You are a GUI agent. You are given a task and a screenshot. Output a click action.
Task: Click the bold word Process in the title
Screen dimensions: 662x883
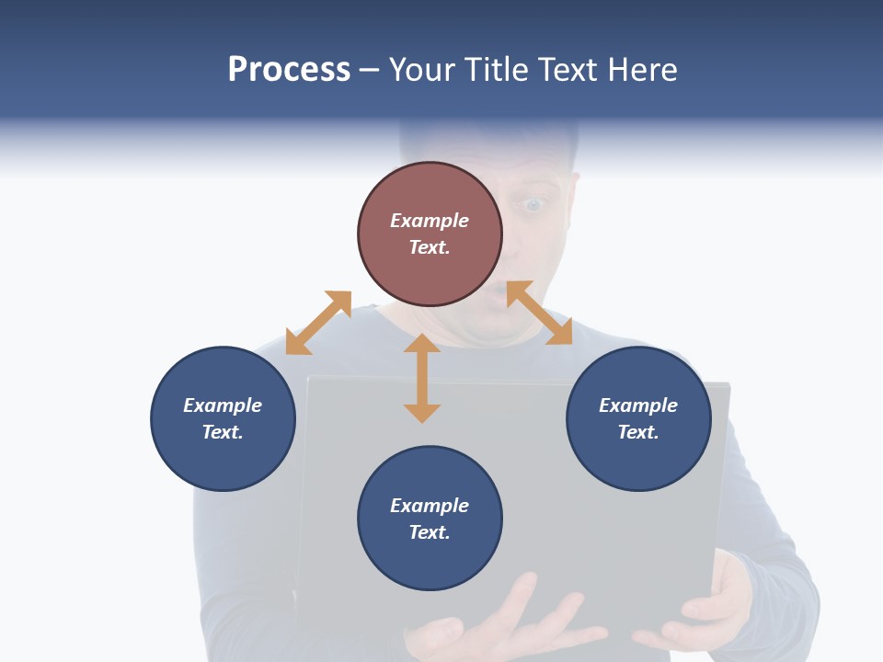[289, 70]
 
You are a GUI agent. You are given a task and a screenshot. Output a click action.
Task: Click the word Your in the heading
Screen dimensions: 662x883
[421, 70]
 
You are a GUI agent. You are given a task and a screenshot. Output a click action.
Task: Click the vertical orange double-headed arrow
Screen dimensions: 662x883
[422, 378]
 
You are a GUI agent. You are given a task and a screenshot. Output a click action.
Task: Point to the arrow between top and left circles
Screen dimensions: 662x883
[318, 323]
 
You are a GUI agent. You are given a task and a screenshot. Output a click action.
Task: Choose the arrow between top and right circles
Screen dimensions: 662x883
[539, 313]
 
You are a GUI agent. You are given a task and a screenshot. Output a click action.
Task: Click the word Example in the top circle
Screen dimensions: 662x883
[430, 221]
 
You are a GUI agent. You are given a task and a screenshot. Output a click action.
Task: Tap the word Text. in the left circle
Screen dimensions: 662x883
[223, 432]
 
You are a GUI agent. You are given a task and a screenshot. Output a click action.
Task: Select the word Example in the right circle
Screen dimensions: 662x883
[638, 405]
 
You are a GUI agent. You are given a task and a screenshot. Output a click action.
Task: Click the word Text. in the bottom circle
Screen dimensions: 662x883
[430, 532]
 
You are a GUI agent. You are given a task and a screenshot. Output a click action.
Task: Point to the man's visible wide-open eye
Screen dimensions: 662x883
[534, 204]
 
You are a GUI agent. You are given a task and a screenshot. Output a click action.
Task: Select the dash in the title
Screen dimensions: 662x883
[369, 70]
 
